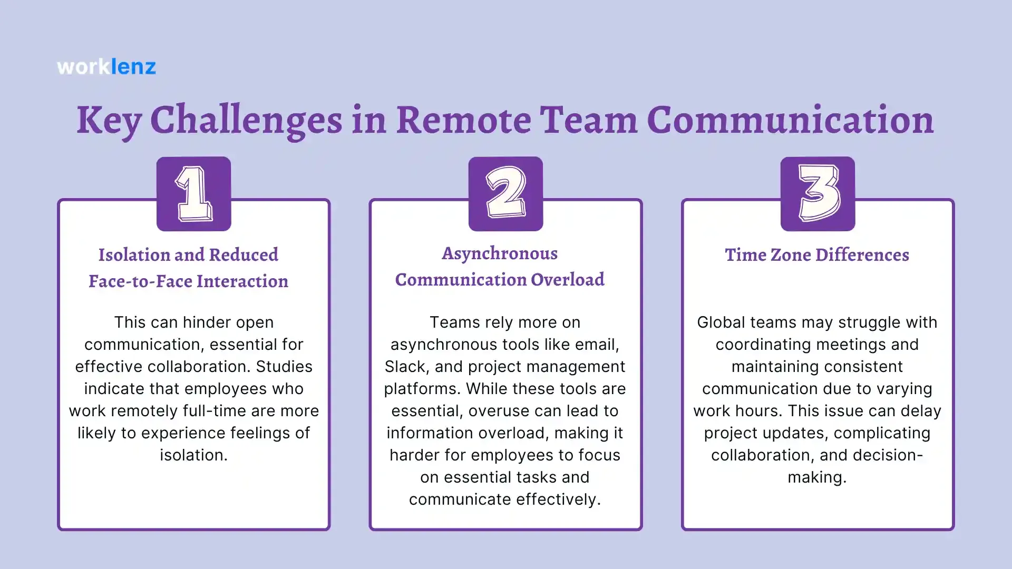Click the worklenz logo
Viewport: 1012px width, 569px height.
[x=106, y=67]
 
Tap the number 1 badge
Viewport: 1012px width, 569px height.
[x=193, y=193]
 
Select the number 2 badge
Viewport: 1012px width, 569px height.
[x=505, y=193]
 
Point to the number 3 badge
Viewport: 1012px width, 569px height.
[x=818, y=193]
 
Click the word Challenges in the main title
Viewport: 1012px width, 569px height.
[x=246, y=121]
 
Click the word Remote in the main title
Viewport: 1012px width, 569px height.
[x=463, y=120]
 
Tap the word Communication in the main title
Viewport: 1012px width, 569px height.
[x=790, y=120]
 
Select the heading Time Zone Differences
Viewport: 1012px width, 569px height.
[x=817, y=255]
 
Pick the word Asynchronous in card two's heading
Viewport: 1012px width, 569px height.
[x=500, y=253]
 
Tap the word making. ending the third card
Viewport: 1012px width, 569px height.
[x=817, y=477]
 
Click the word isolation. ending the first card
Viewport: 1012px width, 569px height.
[x=193, y=455]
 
